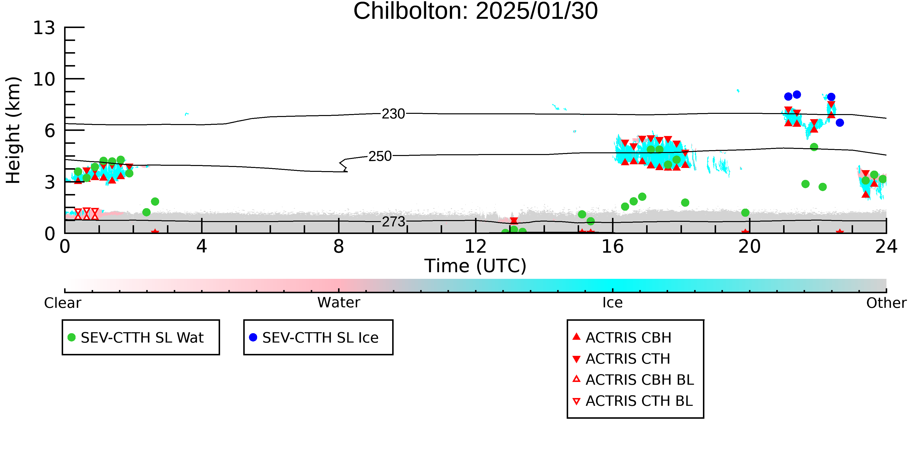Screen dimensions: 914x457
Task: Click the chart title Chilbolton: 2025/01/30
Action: pos(476,11)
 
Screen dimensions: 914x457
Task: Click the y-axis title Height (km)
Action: pos(13,130)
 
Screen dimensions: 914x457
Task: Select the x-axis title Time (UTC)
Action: pos(476,266)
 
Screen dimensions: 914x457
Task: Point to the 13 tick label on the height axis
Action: pos(44,28)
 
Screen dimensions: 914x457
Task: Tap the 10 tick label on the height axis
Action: pos(44,79)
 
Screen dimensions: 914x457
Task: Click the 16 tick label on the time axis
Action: pos(613,247)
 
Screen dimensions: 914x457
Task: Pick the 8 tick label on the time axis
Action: pos(339,247)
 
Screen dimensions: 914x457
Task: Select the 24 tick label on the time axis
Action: pos(886,247)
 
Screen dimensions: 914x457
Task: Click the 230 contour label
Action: pos(393,114)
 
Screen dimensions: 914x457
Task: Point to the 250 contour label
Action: pos(380,156)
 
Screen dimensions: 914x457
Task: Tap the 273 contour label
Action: pos(393,222)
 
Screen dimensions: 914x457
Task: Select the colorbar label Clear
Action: pos(62,303)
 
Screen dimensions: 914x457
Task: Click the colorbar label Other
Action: pos(886,303)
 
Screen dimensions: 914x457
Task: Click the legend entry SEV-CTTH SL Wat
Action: pos(136,337)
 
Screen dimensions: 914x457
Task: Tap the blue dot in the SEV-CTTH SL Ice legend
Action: pos(253,337)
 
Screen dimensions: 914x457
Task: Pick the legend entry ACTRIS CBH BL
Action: pos(633,380)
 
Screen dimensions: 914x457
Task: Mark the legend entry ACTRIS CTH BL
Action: pos(633,401)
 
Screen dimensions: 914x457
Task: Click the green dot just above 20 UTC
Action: pos(745,213)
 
